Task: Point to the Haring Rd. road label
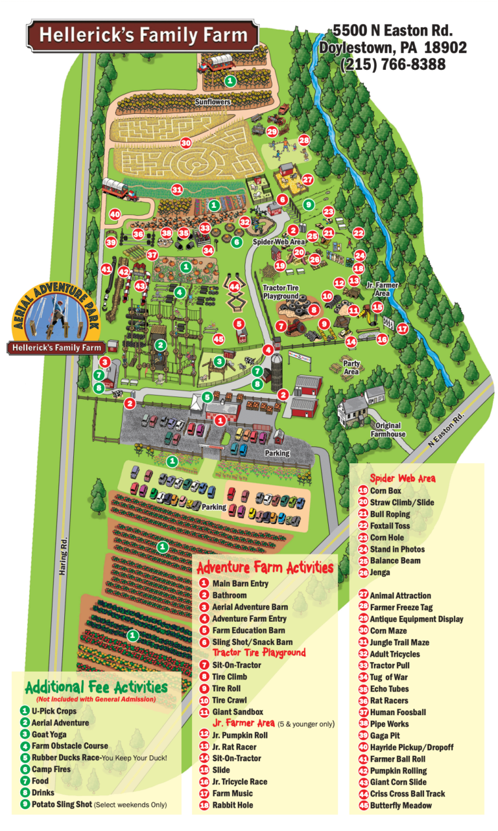pyautogui.click(x=64, y=559)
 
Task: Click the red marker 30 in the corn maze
pyautogui.click(x=186, y=142)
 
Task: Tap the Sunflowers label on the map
pyautogui.click(x=213, y=102)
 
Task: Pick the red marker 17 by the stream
pyautogui.click(x=403, y=328)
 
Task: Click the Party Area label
pyautogui.click(x=351, y=369)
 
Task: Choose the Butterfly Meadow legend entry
pyautogui.click(x=399, y=805)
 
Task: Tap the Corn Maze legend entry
pyautogui.click(x=386, y=630)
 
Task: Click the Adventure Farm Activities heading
pyautogui.click(x=265, y=568)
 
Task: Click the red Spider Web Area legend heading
pyautogui.click(x=402, y=479)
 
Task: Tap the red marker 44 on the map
pyautogui.click(x=235, y=286)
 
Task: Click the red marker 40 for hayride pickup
pyautogui.click(x=115, y=214)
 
